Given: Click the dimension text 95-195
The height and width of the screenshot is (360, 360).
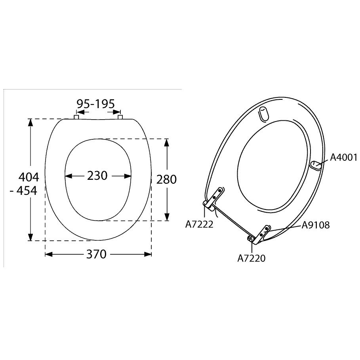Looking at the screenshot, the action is point(95,104).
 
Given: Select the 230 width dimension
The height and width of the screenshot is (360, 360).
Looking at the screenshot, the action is point(97,175).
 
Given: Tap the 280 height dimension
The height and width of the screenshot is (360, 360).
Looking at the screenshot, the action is point(166,179).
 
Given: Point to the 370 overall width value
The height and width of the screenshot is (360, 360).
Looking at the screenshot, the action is point(96,254).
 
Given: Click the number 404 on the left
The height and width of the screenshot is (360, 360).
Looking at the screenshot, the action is point(29,177).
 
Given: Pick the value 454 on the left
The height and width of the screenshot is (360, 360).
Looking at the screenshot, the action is point(27,190).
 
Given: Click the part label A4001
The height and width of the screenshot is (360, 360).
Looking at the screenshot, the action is point(344,158).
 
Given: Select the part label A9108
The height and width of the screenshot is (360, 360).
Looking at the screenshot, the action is point(316,225).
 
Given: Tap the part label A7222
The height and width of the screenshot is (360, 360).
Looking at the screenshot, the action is point(199,224).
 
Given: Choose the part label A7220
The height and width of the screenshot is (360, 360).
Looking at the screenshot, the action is point(251,258).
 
